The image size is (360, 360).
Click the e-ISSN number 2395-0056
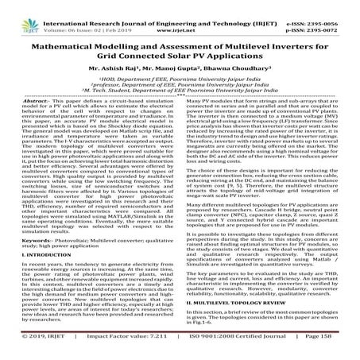(331, 6)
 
